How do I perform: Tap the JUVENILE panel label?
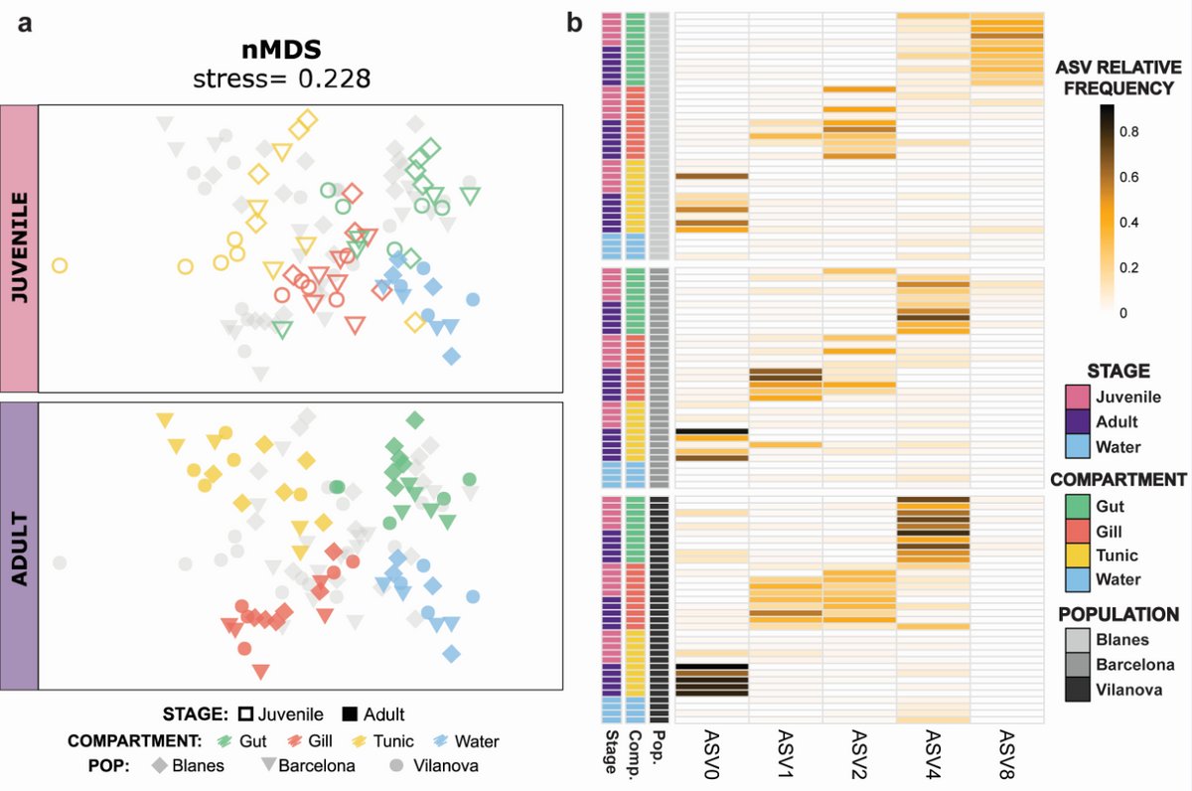[x=19, y=248]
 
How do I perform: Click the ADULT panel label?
[x=19, y=546]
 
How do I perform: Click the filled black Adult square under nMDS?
[x=350, y=713]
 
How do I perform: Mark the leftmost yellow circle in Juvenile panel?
[x=59, y=265]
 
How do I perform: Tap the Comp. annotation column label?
[x=636, y=749]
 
